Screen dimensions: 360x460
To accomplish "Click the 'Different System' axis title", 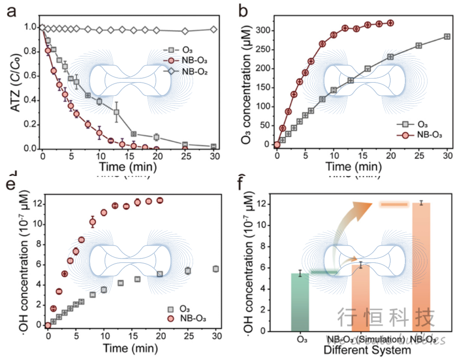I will (x=367, y=350).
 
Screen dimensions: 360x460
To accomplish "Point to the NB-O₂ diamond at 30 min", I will (x=214, y=30).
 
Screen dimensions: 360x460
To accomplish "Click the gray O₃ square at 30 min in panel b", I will (x=447, y=37).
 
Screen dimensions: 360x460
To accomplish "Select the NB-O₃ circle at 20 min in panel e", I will (x=160, y=201).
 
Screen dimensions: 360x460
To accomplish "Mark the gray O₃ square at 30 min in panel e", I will (x=216, y=269).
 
